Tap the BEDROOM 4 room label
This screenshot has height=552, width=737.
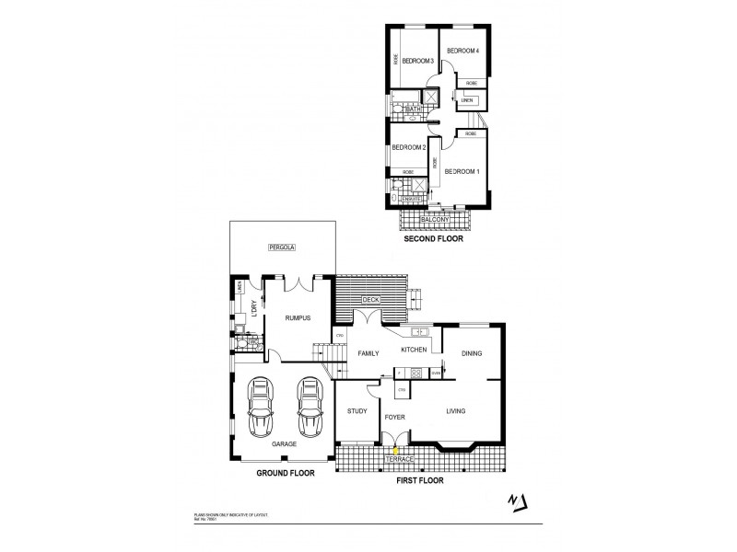pos(462,51)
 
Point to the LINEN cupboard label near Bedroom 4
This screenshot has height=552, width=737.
pos(468,100)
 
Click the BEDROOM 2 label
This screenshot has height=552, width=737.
pos(408,147)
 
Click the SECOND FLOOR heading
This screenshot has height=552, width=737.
pos(433,238)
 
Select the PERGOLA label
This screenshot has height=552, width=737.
pos(280,247)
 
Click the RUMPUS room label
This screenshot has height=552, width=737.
pos(297,317)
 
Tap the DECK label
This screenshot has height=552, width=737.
pos(370,300)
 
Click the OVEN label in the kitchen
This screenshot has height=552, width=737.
pos(437,373)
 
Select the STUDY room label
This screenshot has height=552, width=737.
pos(357,412)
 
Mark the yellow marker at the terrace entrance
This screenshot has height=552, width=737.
pos(396,451)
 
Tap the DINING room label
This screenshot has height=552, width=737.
pos(473,353)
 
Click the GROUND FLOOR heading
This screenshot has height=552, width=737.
pos(286,473)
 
